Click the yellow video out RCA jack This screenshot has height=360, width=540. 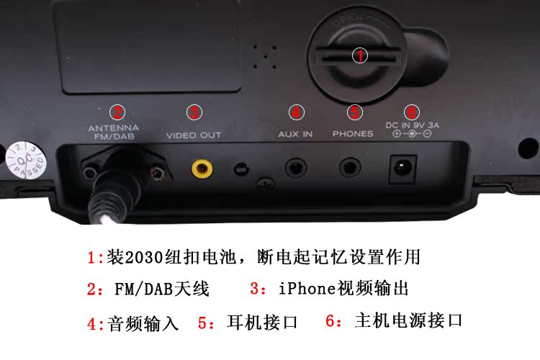point(202,168)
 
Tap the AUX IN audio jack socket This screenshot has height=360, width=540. point(295,168)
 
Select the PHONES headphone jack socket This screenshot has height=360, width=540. point(350,168)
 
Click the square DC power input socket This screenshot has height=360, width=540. point(402,168)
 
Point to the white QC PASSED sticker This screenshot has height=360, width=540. point(25,160)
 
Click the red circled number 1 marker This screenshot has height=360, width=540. point(360,55)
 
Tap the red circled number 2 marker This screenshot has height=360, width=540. point(117,112)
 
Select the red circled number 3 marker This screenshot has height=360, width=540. point(194,112)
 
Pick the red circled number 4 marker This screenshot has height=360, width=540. point(296,112)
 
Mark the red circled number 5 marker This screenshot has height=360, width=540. point(355,112)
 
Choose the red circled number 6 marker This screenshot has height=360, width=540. point(412,112)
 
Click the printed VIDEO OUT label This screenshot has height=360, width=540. point(194,135)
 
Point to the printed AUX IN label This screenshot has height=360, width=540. point(295,134)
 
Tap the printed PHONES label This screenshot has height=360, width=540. point(353,133)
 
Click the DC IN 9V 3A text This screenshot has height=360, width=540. point(413,125)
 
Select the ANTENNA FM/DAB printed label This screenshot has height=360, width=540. point(114,132)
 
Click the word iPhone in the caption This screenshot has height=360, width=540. point(307,288)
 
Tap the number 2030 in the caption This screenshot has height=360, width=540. point(144,257)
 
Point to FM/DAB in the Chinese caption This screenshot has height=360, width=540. point(143,289)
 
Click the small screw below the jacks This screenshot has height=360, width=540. point(266,183)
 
